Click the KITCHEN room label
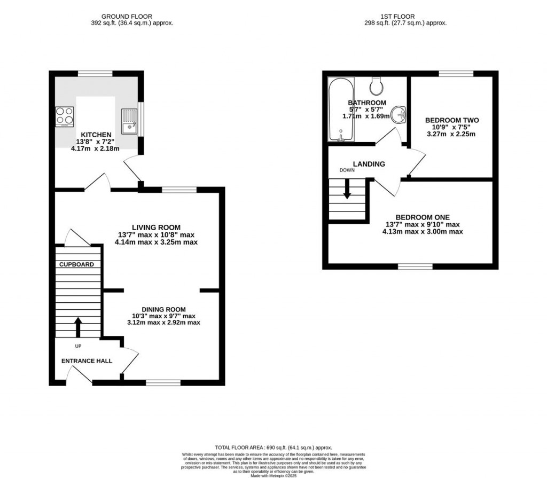[96, 135]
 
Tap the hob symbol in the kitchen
[64, 117]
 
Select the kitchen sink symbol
[129, 121]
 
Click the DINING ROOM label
[163, 309]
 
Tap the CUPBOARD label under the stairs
[76, 264]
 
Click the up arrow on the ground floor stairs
[78, 326]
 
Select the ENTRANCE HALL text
[87, 361]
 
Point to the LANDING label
[369, 164]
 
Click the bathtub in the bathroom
[338, 109]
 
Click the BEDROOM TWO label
[451, 120]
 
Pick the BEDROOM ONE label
[423, 217]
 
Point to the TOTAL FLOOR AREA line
[273, 448]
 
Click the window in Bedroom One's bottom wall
[415, 265]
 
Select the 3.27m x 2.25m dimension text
[451, 134]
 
